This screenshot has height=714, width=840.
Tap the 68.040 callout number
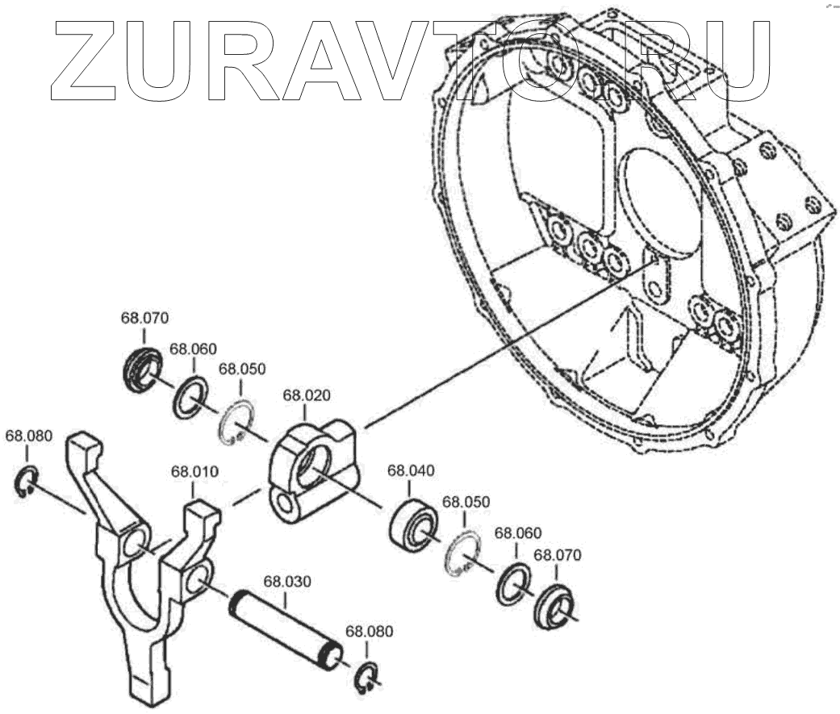412,470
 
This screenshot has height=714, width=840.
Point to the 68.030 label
288,581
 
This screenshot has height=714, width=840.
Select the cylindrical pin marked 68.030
286,625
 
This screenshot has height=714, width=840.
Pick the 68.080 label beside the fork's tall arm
29,436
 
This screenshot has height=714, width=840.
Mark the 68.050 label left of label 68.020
242,369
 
